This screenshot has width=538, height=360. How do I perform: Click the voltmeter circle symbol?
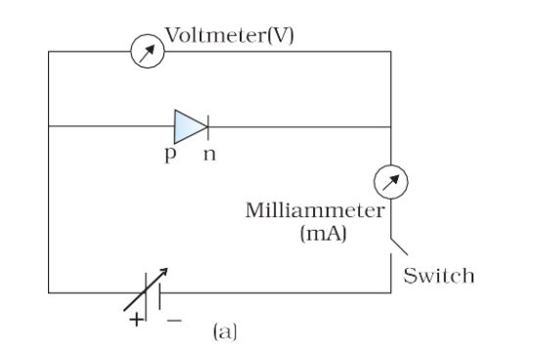pyautogui.click(x=147, y=51)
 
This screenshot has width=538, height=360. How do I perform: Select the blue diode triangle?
pyautogui.click(x=188, y=126)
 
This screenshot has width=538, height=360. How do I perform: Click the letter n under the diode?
pyautogui.click(x=208, y=157)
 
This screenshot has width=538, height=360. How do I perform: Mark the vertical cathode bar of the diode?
pyautogui.click(x=206, y=126)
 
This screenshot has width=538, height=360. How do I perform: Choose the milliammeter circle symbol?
pyautogui.click(x=391, y=182)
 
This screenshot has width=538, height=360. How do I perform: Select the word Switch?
pyautogui.click(x=439, y=276)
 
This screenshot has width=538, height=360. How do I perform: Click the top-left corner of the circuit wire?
pyautogui.click(x=49, y=51)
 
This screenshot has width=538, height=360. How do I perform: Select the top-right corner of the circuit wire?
pyautogui.click(x=391, y=51)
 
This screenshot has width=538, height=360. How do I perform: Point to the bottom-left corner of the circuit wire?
pyautogui.click(x=49, y=291)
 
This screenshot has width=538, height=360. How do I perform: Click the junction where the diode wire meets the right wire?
pyautogui.click(x=391, y=126)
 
